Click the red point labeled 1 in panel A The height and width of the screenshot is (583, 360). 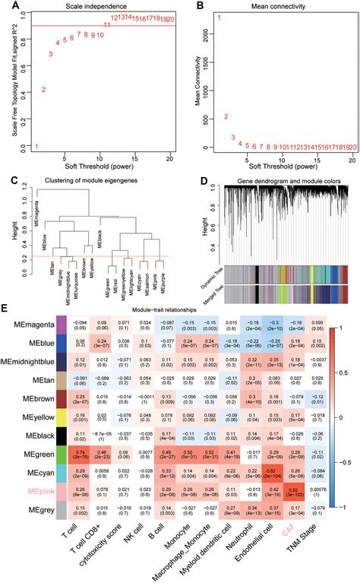(x=36, y=146)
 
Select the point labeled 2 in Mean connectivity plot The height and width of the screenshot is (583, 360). (x=226, y=117)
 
